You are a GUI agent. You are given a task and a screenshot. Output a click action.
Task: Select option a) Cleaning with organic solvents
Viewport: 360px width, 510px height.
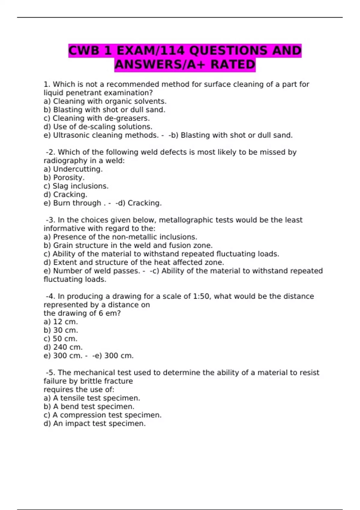105,101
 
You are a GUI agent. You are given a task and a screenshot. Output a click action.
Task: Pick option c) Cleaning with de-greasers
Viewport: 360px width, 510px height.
97,118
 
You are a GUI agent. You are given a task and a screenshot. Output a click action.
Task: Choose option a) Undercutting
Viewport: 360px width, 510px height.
73,169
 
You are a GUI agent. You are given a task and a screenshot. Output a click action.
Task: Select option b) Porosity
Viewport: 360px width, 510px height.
64,178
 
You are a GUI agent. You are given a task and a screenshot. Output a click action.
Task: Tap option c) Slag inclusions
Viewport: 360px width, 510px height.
76,186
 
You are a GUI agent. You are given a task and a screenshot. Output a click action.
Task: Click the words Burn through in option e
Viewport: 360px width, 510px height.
77,203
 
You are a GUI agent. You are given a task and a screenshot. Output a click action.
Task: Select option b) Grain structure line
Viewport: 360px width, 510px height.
128,245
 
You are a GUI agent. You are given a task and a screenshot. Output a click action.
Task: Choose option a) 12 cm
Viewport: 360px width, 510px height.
61,322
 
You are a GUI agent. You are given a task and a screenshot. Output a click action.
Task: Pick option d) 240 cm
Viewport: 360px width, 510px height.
63,347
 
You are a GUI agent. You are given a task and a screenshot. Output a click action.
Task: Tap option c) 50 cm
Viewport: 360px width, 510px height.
61,339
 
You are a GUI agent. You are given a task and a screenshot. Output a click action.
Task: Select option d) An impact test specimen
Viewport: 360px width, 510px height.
94,424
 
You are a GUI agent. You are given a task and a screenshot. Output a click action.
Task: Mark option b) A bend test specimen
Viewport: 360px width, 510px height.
89,406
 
